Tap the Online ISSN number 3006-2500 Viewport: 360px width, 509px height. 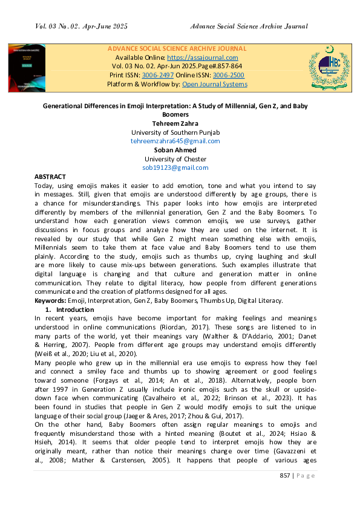pos(230,75)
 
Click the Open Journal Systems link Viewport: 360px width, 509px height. pos(214,84)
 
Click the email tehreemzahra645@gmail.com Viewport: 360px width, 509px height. pos(175,141)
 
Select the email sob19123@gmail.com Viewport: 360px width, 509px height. pos(175,167)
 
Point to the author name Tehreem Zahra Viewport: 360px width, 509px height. pos(175,123)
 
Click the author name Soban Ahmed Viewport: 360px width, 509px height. pos(175,149)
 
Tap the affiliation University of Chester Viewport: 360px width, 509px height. pos(175,158)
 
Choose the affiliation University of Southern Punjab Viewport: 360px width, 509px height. pos(175,132)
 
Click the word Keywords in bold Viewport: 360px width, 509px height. pos(49,300)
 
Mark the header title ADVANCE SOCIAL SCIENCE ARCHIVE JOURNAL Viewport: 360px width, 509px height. pos(177,48)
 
